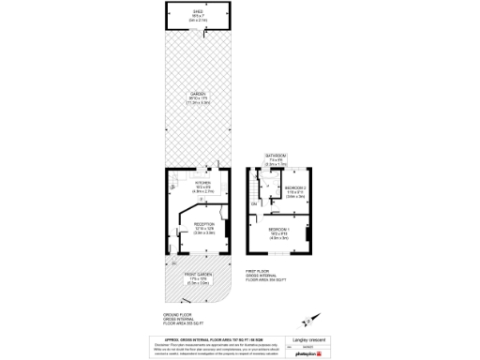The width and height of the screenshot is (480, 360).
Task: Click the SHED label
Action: coord(197,12)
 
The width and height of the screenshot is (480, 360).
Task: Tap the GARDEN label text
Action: coord(197,94)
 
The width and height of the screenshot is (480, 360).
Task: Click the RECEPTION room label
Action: coord(204,224)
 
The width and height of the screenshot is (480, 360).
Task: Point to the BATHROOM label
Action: coord(276,156)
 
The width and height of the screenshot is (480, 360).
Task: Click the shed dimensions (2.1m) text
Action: coord(197,21)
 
